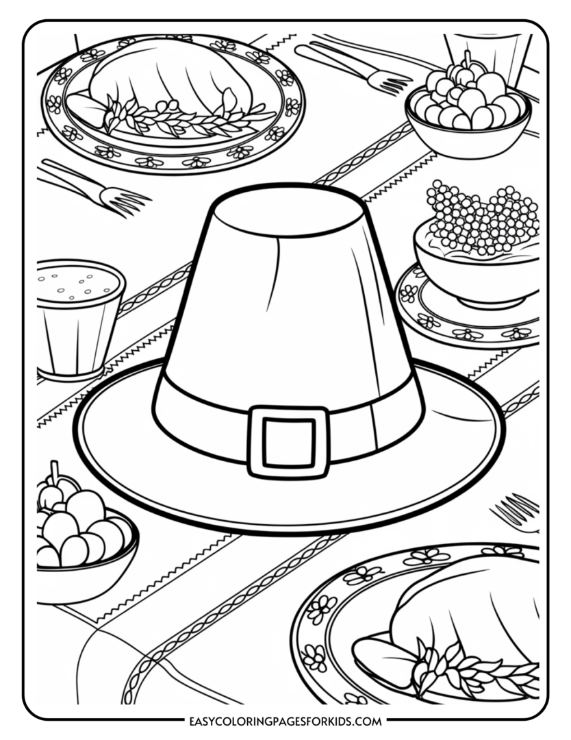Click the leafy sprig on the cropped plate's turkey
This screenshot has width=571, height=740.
466,665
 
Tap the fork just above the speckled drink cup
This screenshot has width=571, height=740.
96,188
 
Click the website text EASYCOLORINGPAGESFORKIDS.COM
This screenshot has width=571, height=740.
285,721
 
